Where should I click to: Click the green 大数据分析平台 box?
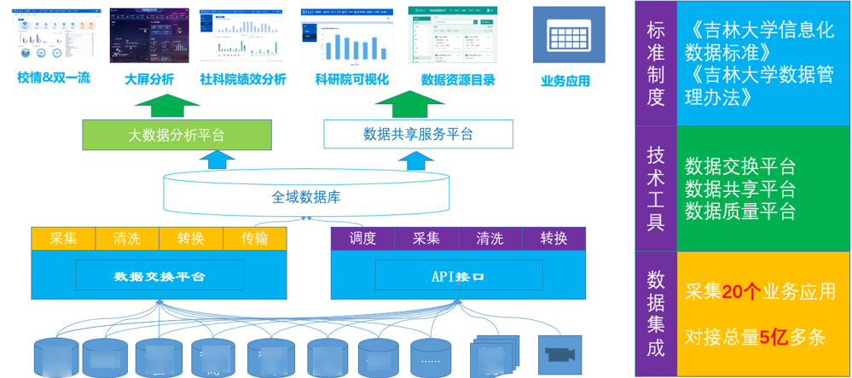point(177,135)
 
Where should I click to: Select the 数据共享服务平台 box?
point(418,134)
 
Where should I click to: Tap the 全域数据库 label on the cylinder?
point(306,197)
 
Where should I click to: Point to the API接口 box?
point(458,276)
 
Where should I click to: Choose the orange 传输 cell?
point(254,239)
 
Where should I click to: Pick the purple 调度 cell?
point(362,239)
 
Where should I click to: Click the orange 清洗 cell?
point(127,239)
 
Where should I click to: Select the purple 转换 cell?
point(554,239)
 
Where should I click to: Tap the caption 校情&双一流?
point(53,79)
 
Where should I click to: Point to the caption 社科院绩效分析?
point(243,79)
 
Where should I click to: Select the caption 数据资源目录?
point(458,79)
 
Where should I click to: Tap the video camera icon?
point(560,351)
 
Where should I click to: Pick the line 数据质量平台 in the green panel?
point(740,210)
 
